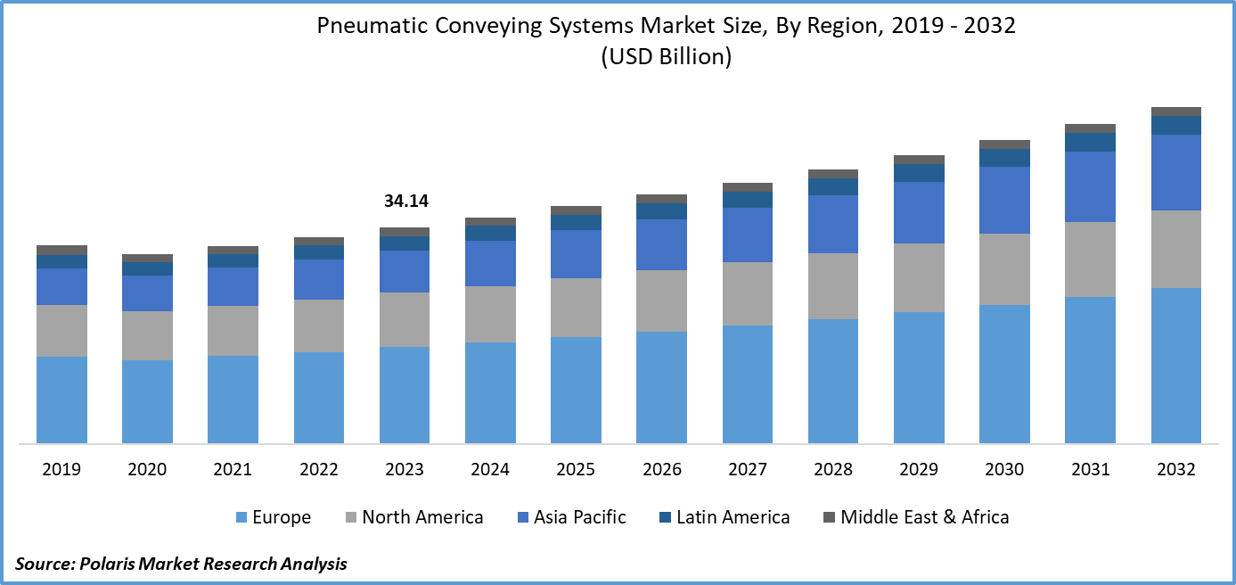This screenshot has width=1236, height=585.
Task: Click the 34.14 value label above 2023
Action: [405, 202]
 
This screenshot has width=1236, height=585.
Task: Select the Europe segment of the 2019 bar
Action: [61, 400]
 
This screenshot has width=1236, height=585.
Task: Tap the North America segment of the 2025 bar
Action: [576, 307]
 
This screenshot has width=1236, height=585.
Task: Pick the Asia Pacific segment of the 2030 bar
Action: [1004, 200]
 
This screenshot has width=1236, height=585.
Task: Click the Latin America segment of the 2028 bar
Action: [833, 186]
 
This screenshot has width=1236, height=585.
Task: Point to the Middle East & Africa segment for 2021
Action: [233, 251]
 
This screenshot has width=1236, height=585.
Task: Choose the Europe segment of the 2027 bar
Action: [748, 384]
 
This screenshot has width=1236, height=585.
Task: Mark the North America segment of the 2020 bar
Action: [147, 335]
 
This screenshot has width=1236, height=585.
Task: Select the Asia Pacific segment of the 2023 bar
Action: [405, 271]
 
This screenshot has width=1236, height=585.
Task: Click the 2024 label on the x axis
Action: [490, 470]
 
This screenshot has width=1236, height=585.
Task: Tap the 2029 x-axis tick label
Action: [919, 470]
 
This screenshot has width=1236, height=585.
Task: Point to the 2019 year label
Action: [61, 470]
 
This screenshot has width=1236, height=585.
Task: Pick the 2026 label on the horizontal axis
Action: [662, 470]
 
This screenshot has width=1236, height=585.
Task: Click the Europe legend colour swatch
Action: [241, 517]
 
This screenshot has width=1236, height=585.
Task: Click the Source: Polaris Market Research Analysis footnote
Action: [181, 564]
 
